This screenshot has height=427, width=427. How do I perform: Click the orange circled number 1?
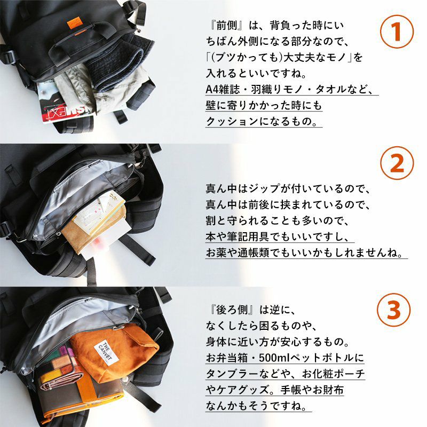(x=397, y=31)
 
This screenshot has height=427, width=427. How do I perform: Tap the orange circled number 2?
(x=397, y=163)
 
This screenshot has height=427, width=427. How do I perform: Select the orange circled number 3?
(x=394, y=310)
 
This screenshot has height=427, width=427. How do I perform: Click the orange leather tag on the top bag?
(x=75, y=23)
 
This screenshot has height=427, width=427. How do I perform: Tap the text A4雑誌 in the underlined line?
(x=222, y=89)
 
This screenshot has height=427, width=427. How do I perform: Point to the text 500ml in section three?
(x=275, y=358)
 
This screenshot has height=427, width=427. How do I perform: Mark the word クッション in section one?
(x=232, y=121)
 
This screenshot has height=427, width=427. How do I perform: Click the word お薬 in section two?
(x=217, y=253)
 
